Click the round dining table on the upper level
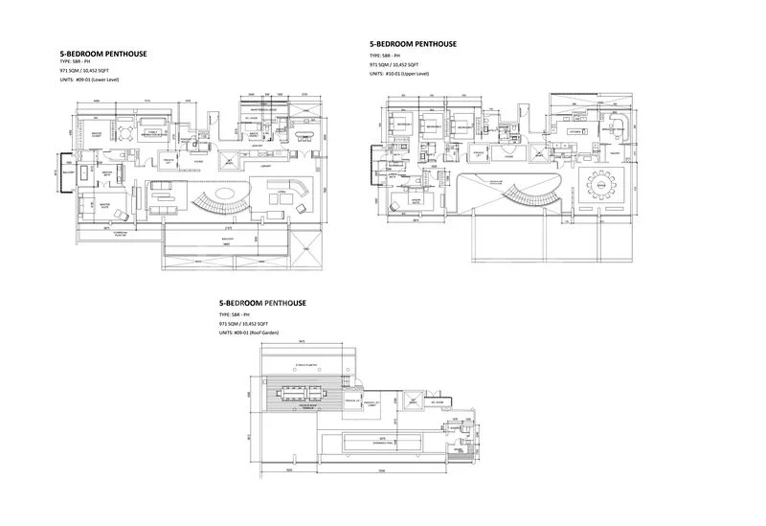pos(602,182)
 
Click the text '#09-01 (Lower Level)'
pos(102,80)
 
